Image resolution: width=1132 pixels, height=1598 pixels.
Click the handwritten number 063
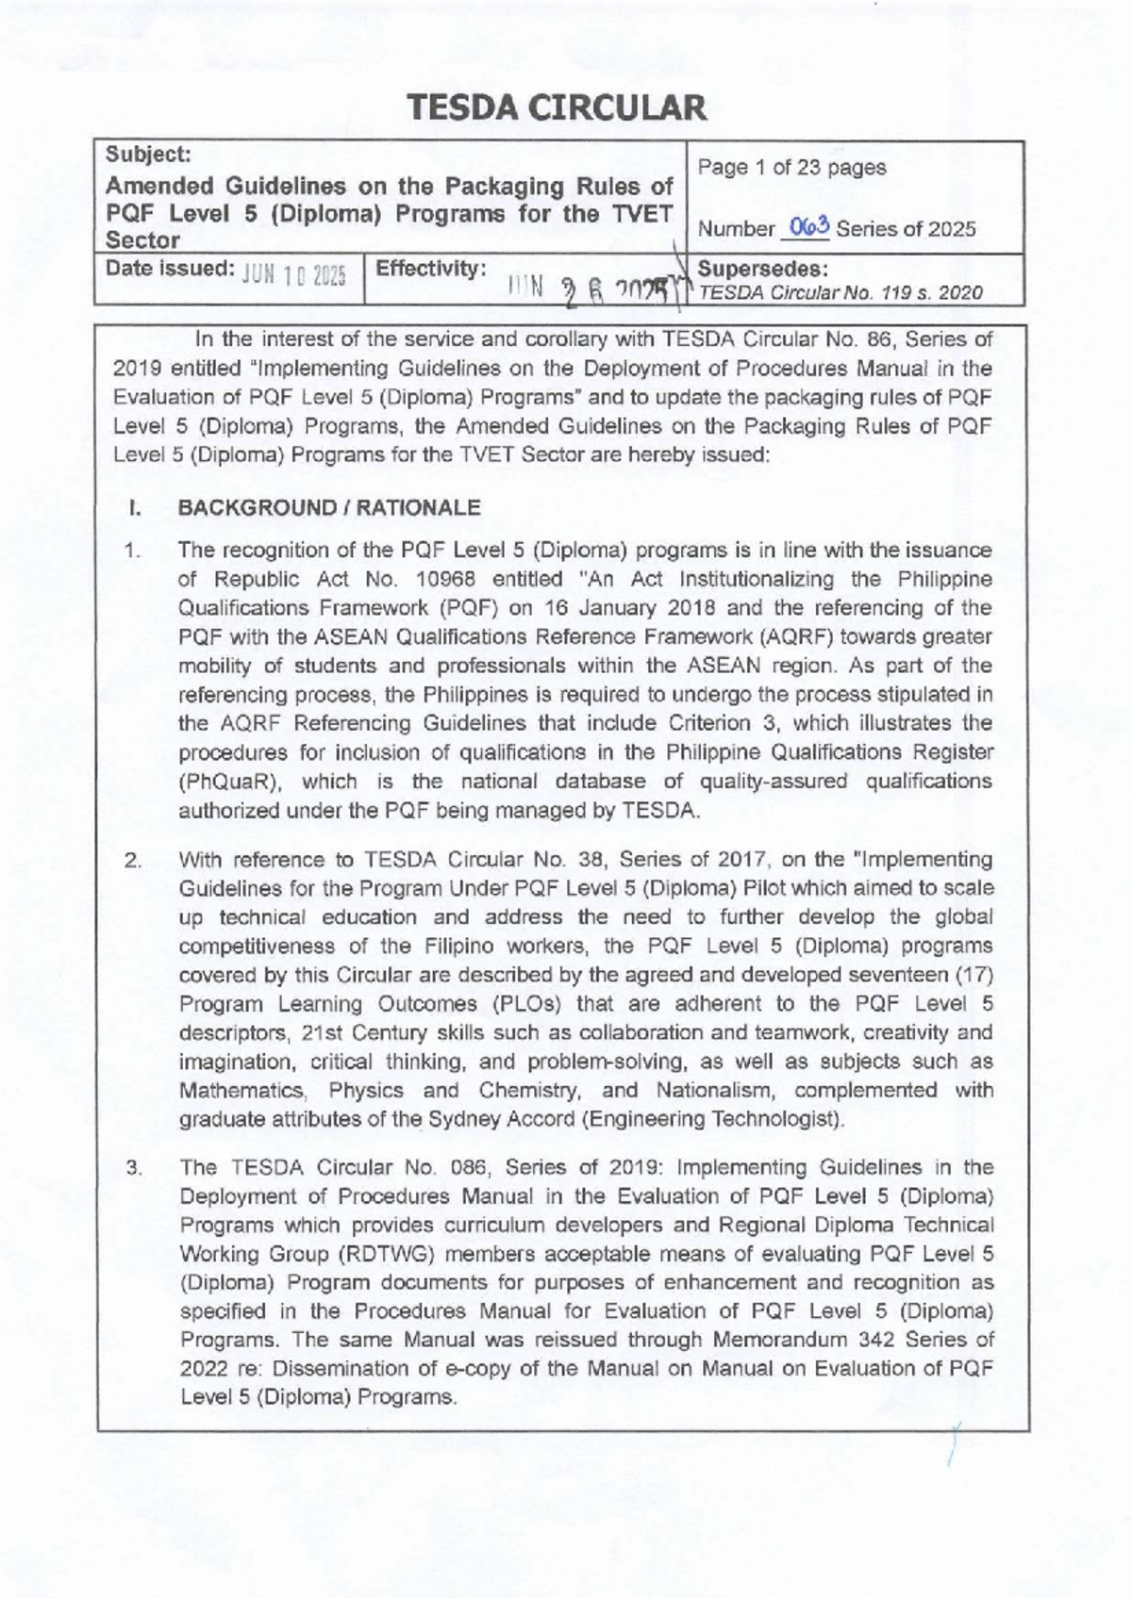(x=810, y=226)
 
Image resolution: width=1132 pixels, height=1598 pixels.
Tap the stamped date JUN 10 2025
(x=295, y=273)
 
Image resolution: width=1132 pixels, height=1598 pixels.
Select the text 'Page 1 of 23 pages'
(x=791, y=168)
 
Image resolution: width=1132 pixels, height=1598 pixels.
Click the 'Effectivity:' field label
(x=431, y=268)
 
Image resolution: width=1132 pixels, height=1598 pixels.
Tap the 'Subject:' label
(x=148, y=153)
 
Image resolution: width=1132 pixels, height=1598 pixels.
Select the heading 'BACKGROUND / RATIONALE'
(x=329, y=508)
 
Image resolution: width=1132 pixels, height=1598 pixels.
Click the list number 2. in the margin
(x=133, y=861)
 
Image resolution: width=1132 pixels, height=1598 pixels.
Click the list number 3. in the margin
(x=133, y=1168)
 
